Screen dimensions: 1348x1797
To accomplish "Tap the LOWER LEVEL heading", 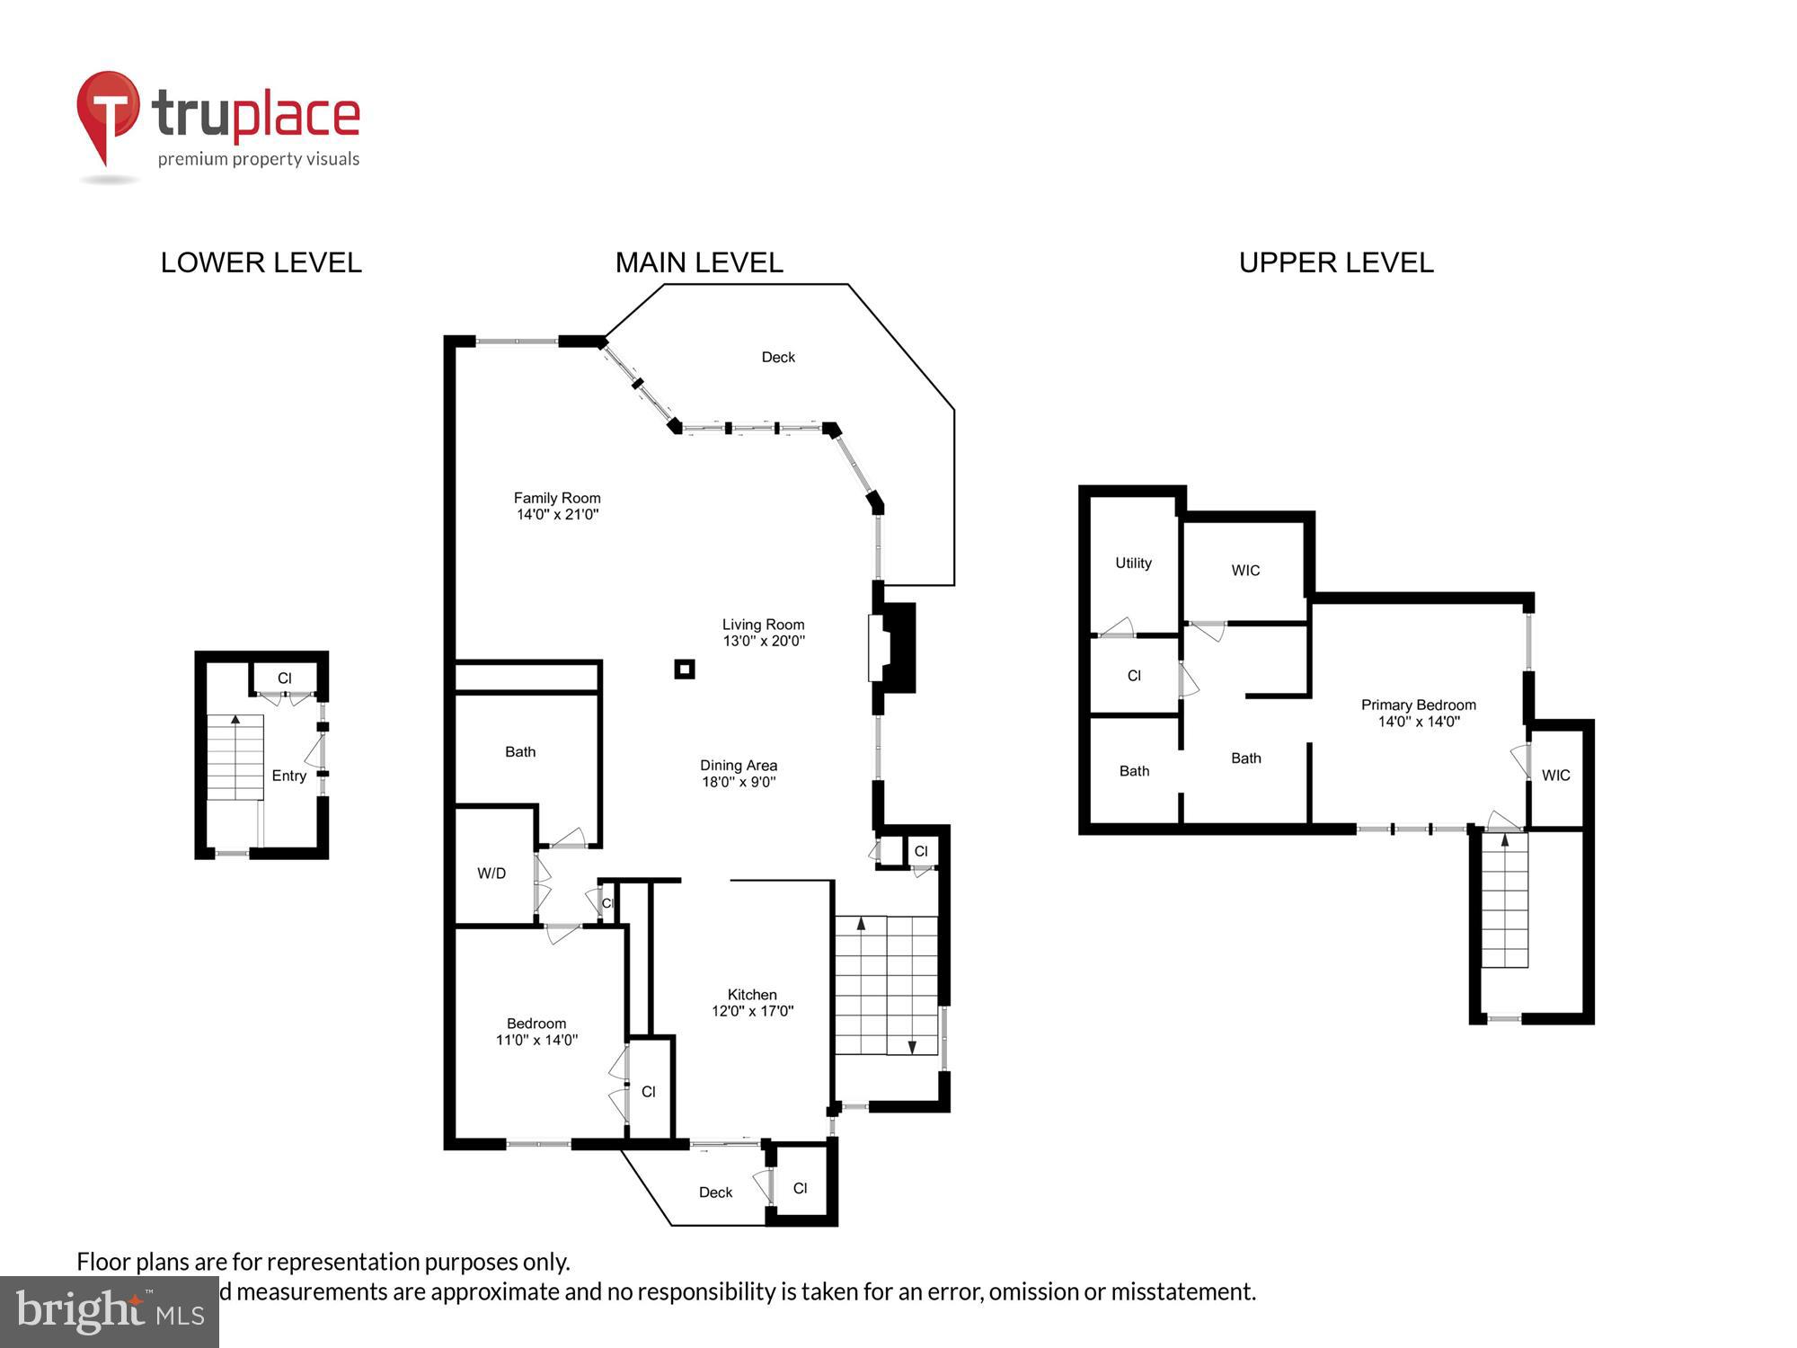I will click(x=261, y=262).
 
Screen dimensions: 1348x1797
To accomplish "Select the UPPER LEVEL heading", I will click(x=1335, y=262).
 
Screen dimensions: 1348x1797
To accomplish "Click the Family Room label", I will click(x=557, y=498).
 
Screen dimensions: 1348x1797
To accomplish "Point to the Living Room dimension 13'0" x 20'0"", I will click(x=764, y=641).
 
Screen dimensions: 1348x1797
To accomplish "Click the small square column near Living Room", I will click(x=685, y=669).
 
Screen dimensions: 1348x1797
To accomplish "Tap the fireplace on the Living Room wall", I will click(x=891, y=647).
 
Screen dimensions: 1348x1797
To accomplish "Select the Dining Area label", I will click(x=739, y=766).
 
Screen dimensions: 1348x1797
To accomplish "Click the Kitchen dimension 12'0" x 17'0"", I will click(x=752, y=1011).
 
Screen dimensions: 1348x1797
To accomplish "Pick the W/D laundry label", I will click(x=491, y=873).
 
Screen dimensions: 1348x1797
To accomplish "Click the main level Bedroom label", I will click(x=536, y=1024).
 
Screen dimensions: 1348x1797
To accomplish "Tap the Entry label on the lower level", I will click(x=289, y=776).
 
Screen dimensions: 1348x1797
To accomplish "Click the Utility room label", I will click(x=1133, y=563).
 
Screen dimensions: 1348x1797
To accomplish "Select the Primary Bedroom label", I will click(x=1418, y=705).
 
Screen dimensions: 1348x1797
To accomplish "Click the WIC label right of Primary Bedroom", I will click(x=1555, y=775).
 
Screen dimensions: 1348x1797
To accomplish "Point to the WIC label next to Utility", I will click(x=1245, y=570).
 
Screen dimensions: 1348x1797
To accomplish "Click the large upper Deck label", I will click(x=778, y=357).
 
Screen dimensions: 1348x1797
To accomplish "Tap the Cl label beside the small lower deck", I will click(x=800, y=1188).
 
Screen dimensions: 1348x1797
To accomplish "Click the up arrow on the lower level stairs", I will click(x=235, y=720).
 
